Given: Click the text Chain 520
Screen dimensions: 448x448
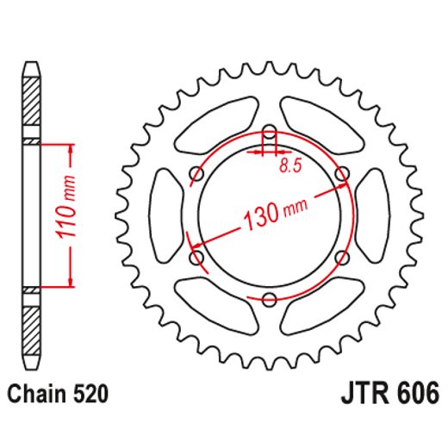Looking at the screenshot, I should coord(59,395).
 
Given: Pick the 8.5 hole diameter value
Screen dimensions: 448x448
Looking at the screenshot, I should coord(290,168).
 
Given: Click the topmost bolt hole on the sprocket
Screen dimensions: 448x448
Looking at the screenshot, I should coord(270,132).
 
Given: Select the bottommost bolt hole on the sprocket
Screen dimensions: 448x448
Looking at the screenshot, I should coord(270,299).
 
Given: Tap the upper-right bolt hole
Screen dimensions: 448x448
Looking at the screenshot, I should coord(343,175).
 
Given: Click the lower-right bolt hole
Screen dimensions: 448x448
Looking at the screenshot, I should coord(343,257).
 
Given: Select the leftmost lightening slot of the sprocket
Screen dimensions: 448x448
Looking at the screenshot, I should coord(165,215).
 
